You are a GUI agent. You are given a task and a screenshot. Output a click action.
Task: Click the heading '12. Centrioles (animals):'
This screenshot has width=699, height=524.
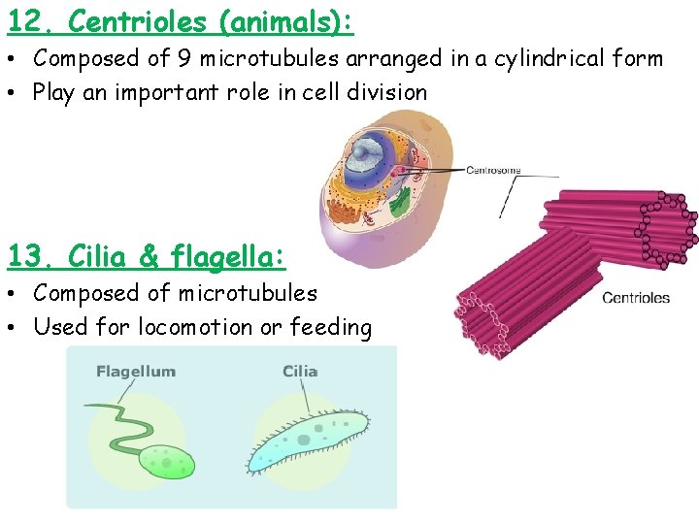pos(181,20)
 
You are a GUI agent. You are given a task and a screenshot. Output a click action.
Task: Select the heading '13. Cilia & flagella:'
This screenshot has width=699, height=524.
pos(147,256)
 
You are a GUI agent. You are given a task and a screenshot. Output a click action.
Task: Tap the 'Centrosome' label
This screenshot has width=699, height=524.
pos(493,171)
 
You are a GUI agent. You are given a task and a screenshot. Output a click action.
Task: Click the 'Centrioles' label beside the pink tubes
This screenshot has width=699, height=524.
pos(636,298)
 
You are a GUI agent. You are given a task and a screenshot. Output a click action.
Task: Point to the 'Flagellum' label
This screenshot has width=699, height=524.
pos(136,372)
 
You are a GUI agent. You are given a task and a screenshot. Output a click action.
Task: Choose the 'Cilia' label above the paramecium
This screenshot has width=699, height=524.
pos(300,372)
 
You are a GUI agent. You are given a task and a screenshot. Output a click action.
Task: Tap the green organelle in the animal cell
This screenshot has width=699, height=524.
pos(400,202)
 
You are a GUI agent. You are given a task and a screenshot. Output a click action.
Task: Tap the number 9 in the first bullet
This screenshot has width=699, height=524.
pos(183,58)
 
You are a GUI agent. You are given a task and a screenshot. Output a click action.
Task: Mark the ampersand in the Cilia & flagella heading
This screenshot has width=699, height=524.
pos(149,256)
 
